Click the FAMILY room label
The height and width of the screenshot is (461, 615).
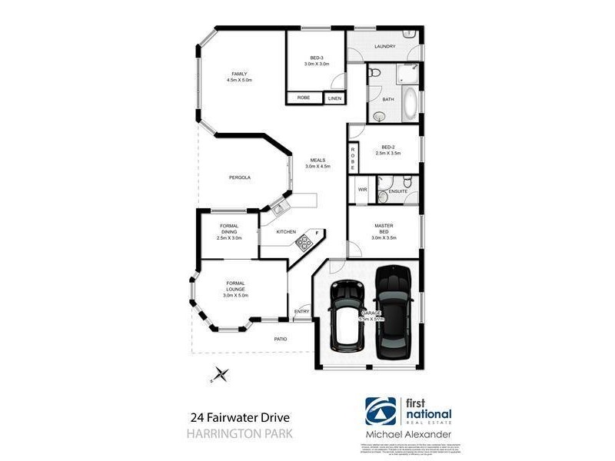click(239, 74)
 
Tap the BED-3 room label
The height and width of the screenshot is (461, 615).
click(316, 58)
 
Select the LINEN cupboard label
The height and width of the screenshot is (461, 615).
click(334, 98)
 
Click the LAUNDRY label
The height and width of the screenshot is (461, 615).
click(384, 47)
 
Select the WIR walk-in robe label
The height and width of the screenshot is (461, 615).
click(362, 189)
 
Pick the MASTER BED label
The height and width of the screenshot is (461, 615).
click(384, 229)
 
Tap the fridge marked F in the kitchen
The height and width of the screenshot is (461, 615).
click(316, 232)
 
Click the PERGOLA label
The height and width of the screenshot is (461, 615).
click(239, 177)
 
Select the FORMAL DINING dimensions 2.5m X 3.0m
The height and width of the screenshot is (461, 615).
click(229, 238)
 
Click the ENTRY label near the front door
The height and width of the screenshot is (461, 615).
click(301, 311)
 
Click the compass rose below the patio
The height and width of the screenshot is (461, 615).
click(221, 374)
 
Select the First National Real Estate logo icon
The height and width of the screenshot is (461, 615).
click(381, 413)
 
